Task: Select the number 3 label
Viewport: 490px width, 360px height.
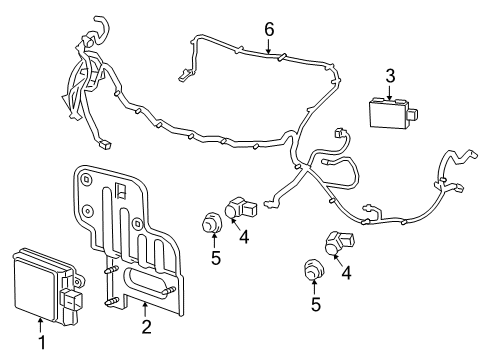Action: [392, 74]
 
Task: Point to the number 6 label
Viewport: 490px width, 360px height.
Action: [268, 30]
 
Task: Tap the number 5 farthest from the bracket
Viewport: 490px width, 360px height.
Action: [316, 304]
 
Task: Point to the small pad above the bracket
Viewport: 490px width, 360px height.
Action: [105, 146]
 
